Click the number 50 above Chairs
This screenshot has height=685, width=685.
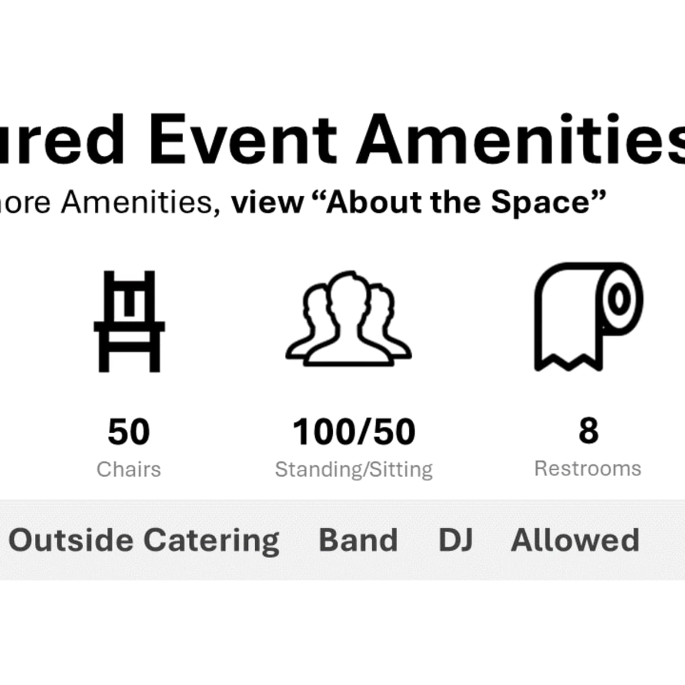(129, 432)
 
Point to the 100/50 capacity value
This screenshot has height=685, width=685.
(354, 432)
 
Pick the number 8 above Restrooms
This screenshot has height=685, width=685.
(588, 430)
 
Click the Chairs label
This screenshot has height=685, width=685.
(129, 469)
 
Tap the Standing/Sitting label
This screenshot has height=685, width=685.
(354, 470)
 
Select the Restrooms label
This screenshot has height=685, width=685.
(588, 469)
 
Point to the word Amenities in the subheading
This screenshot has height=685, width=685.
(140, 202)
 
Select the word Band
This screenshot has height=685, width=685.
(358, 540)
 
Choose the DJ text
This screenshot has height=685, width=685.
(456, 540)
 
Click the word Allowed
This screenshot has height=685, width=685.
(575, 540)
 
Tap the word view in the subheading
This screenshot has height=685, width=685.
(268, 202)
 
